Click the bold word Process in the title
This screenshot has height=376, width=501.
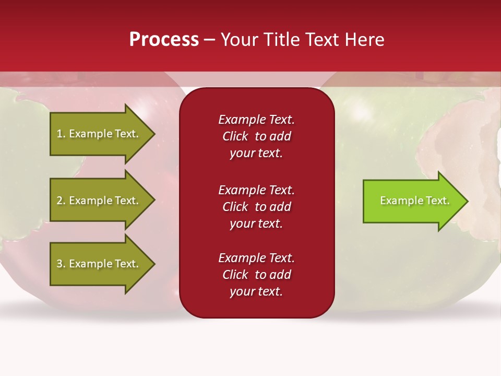164,40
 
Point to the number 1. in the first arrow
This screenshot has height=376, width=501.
61,134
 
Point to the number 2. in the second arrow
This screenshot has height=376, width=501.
61,201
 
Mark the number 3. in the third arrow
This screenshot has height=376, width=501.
61,264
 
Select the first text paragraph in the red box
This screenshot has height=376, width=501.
256,136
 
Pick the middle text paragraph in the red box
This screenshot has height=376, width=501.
256,206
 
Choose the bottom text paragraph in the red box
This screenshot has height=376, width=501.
256,275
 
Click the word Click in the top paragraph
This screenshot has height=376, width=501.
235,136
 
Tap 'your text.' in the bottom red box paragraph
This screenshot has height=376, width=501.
256,291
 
